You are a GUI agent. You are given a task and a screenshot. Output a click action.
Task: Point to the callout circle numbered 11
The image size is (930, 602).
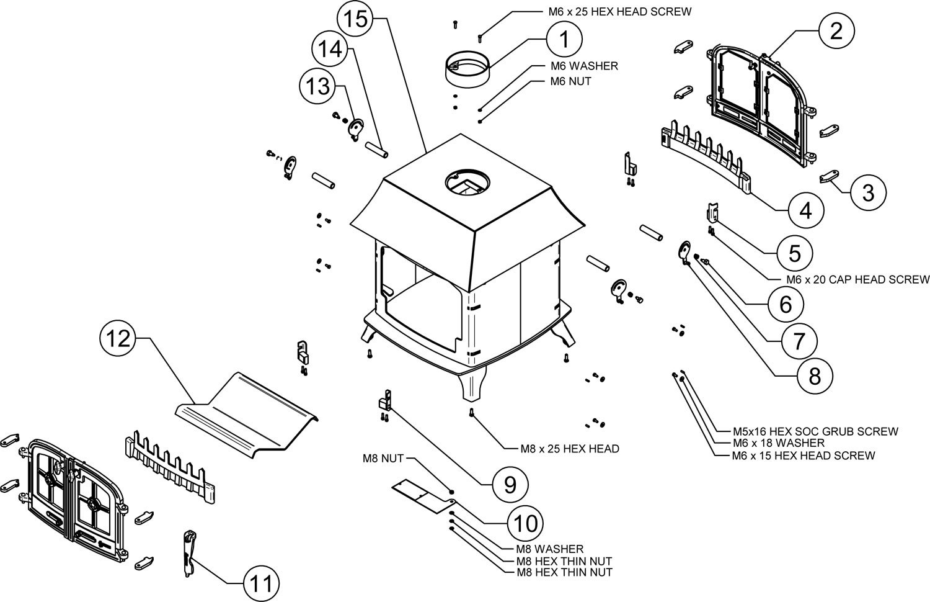260,583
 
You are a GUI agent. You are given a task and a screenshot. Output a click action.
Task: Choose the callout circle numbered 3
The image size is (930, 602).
868,192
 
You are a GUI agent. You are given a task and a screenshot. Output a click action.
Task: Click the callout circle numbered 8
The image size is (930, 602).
814,374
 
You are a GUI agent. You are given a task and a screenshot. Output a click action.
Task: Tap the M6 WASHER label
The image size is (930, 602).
584,66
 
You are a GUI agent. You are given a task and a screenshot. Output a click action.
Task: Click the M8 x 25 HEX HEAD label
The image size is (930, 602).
570,448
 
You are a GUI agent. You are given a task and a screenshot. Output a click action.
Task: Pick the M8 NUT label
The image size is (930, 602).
384,459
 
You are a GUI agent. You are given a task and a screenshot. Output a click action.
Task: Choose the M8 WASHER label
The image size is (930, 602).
550,549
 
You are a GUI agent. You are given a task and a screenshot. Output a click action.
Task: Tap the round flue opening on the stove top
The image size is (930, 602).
466,182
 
